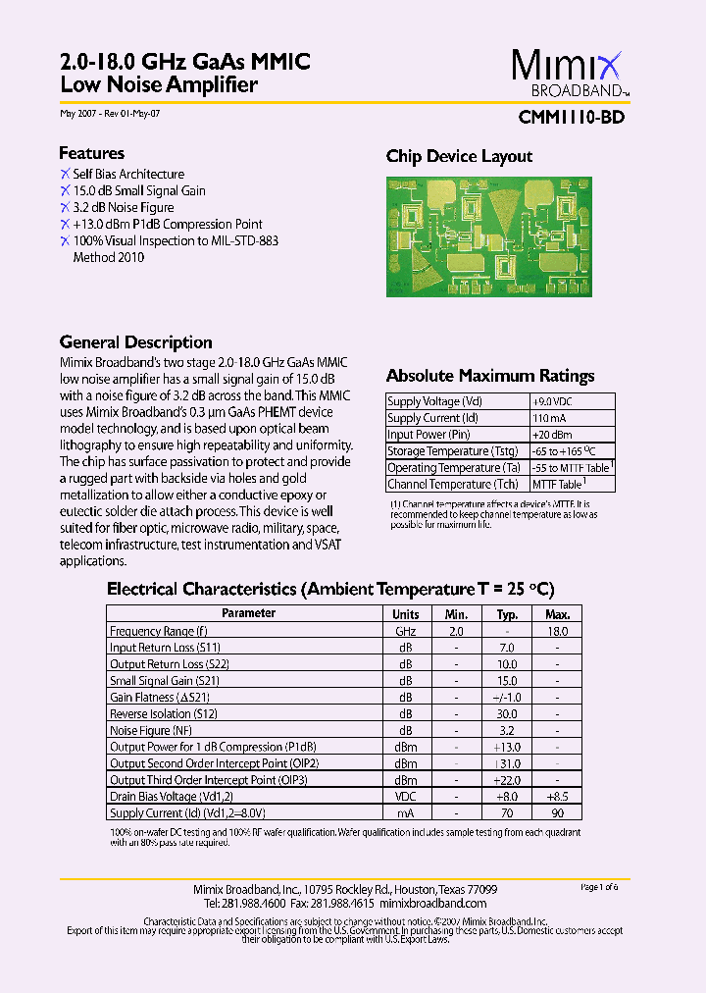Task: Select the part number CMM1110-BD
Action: tap(572, 117)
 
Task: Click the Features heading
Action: tap(91, 153)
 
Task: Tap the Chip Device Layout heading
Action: tap(459, 156)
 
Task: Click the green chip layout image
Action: tap(486, 236)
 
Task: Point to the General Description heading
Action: tap(135, 342)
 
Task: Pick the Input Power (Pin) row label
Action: tap(429, 435)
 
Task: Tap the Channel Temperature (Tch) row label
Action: tap(452, 484)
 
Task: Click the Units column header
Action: tap(405, 614)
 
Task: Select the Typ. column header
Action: tap(506, 614)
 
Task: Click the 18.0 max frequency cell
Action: tap(556, 631)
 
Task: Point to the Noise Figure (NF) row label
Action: tap(151, 731)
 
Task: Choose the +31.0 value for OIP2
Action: tap(506, 763)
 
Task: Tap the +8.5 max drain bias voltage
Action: tap(556, 797)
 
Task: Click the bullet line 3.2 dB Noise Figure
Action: tap(123, 207)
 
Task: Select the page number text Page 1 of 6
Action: tap(599, 887)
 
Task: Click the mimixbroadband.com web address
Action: tap(432, 903)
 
